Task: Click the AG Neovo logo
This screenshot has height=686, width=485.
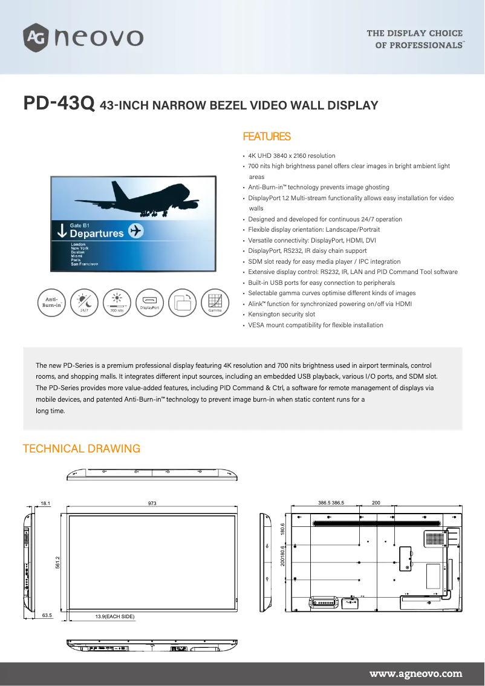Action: [83, 38]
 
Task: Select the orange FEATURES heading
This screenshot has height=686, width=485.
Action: [266, 137]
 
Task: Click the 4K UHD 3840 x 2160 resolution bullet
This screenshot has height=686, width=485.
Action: [291, 156]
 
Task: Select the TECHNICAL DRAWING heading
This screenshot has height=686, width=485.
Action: [81, 449]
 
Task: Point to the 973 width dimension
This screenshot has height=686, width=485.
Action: [152, 503]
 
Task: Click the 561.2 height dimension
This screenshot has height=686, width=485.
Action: [57, 562]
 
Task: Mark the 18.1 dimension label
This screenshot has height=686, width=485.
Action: [45, 503]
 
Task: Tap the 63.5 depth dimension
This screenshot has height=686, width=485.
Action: [47, 616]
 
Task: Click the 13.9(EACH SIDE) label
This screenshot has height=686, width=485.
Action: [115, 616]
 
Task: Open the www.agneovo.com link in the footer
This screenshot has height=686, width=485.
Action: [415, 673]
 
